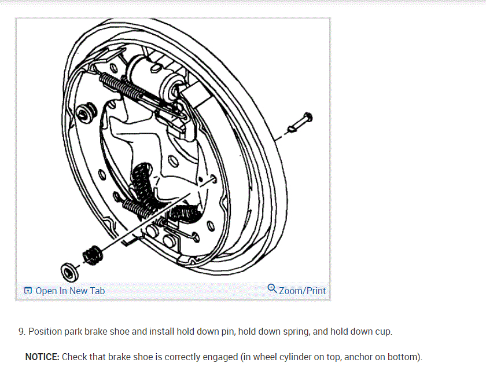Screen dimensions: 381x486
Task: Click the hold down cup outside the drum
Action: [x=69, y=269]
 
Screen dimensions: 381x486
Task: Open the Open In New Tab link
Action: [x=70, y=291]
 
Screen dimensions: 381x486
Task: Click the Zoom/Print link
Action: [x=302, y=291]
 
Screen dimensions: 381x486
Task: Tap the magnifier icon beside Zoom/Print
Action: [x=273, y=288]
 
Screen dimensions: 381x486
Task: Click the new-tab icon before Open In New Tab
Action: [x=28, y=291]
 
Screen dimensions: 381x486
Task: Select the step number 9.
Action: [x=21, y=332]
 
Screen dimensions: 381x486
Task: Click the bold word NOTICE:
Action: [x=42, y=357]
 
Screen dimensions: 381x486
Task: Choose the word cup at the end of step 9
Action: [x=383, y=332]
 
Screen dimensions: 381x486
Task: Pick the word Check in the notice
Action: [x=74, y=357]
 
